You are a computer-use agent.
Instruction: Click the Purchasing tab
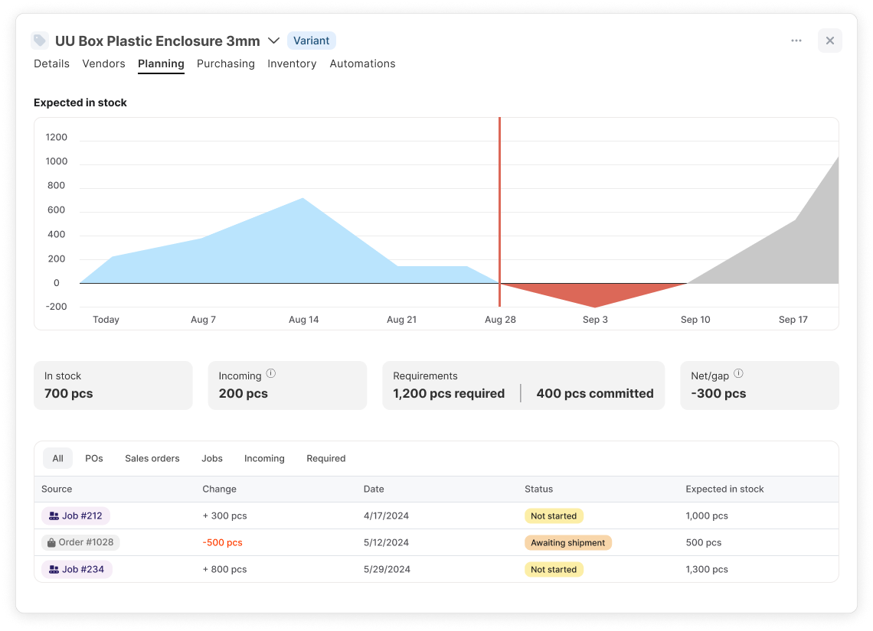click(225, 64)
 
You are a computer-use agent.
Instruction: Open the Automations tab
click(362, 64)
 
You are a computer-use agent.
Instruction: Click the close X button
click(829, 41)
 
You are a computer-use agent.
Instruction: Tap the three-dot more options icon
click(796, 41)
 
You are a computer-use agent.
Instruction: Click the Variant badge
click(311, 41)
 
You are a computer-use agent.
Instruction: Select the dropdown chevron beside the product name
click(273, 41)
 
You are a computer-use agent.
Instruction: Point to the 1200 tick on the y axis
click(56, 138)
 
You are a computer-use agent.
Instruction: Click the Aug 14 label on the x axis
click(303, 320)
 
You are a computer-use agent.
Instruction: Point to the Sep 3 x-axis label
click(595, 320)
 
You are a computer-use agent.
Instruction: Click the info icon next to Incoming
click(270, 373)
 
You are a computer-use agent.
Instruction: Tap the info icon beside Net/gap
click(738, 373)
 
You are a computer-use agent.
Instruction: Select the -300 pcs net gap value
click(718, 394)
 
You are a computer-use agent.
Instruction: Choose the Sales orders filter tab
click(152, 459)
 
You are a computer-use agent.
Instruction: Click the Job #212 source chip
click(76, 516)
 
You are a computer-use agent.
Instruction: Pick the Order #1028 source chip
click(80, 542)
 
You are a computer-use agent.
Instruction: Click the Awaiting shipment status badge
click(568, 542)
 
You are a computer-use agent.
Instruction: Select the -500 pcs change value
click(222, 542)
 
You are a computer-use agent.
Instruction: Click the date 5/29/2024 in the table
click(387, 569)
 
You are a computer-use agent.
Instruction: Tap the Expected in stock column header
click(724, 490)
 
